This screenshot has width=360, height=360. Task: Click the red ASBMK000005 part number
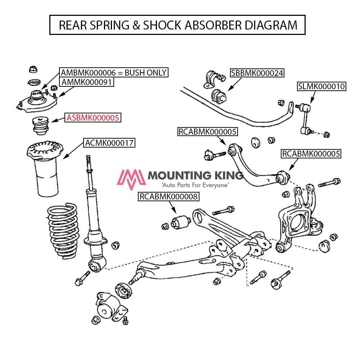pyautogui.click(x=93, y=117)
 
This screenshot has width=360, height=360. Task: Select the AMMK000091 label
pyautogui.click(x=87, y=82)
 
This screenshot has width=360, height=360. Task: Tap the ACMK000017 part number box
pyautogui.click(x=109, y=143)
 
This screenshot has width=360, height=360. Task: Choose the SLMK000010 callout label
pyautogui.click(x=321, y=86)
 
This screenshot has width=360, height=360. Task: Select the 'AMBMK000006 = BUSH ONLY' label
pyautogui.click(x=114, y=72)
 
